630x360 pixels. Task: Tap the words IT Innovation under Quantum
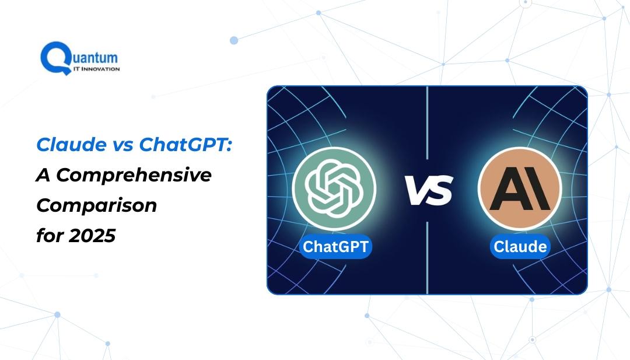(96, 69)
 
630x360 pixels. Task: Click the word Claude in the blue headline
(72, 144)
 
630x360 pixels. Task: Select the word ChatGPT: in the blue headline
(185, 144)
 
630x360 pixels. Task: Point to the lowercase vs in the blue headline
(123, 145)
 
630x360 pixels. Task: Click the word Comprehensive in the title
(134, 176)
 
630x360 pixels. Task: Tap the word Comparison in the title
(96, 206)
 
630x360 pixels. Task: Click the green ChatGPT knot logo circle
(334, 188)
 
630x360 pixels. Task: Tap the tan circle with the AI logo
(520, 188)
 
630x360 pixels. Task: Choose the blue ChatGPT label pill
(335, 246)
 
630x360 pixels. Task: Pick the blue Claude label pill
(520, 246)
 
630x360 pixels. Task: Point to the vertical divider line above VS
(427, 123)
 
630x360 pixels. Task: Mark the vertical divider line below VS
(427, 257)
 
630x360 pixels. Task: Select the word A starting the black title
(44, 175)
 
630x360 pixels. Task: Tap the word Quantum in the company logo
(95, 57)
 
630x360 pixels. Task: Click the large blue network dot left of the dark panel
(234, 40)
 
